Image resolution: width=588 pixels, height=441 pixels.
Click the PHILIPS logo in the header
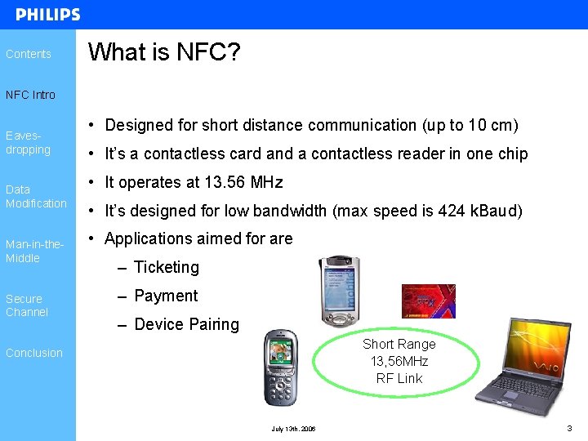tap(48, 15)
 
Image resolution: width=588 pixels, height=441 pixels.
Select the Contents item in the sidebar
tap(29, 54)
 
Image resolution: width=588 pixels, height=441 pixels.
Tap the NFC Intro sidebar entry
tap(31, 95)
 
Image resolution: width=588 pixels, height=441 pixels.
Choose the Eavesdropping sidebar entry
tap(28, 143)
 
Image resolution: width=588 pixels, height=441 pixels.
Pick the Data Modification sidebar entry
tap(36, 196)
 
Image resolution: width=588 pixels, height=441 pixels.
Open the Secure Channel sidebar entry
tap(27, 305)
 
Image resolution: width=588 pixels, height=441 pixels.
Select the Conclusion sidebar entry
tap(34, 353)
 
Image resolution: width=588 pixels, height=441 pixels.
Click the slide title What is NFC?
tap(164, 53)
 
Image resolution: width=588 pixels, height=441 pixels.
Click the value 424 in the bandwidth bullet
tap(452, 211)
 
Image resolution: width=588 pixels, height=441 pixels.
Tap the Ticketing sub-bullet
tap(166, 267)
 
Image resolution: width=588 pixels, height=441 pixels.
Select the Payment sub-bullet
tap(166, 296)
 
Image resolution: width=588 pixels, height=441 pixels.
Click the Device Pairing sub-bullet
tap(186, 324)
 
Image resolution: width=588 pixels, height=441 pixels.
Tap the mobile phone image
tap(281, 367)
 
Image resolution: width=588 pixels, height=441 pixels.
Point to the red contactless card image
tap(428, 301)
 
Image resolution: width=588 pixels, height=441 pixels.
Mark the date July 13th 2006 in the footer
tap(294, 429)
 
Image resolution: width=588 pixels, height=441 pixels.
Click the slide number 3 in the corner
tap(569, 428)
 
